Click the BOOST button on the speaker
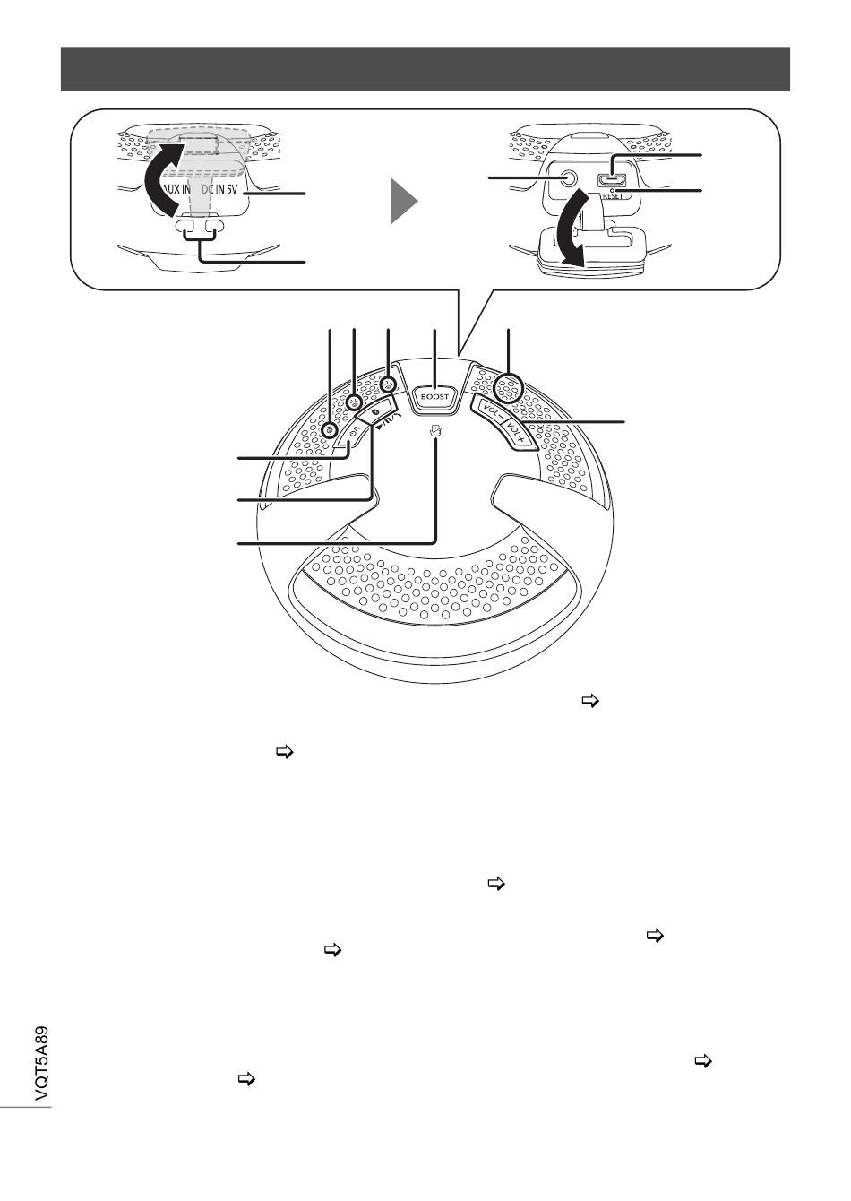pyautogui.click(x=434, y=396)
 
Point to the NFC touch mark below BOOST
pyautogui.click(x=435, y=429)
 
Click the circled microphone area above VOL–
pyautogui.click(x=508, y=388)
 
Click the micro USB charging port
pyautogui.click(x=610, y=179)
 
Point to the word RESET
pyautogui.click(x=613, y=196)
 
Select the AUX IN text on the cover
pyautogui.click(x=176, y=189)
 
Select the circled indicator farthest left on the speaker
pyautogui.click(x=331, y=428)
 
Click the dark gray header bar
pyautogui.click(x=425, y=69)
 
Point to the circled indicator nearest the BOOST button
pyautogui.click(x=388, y=384)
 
